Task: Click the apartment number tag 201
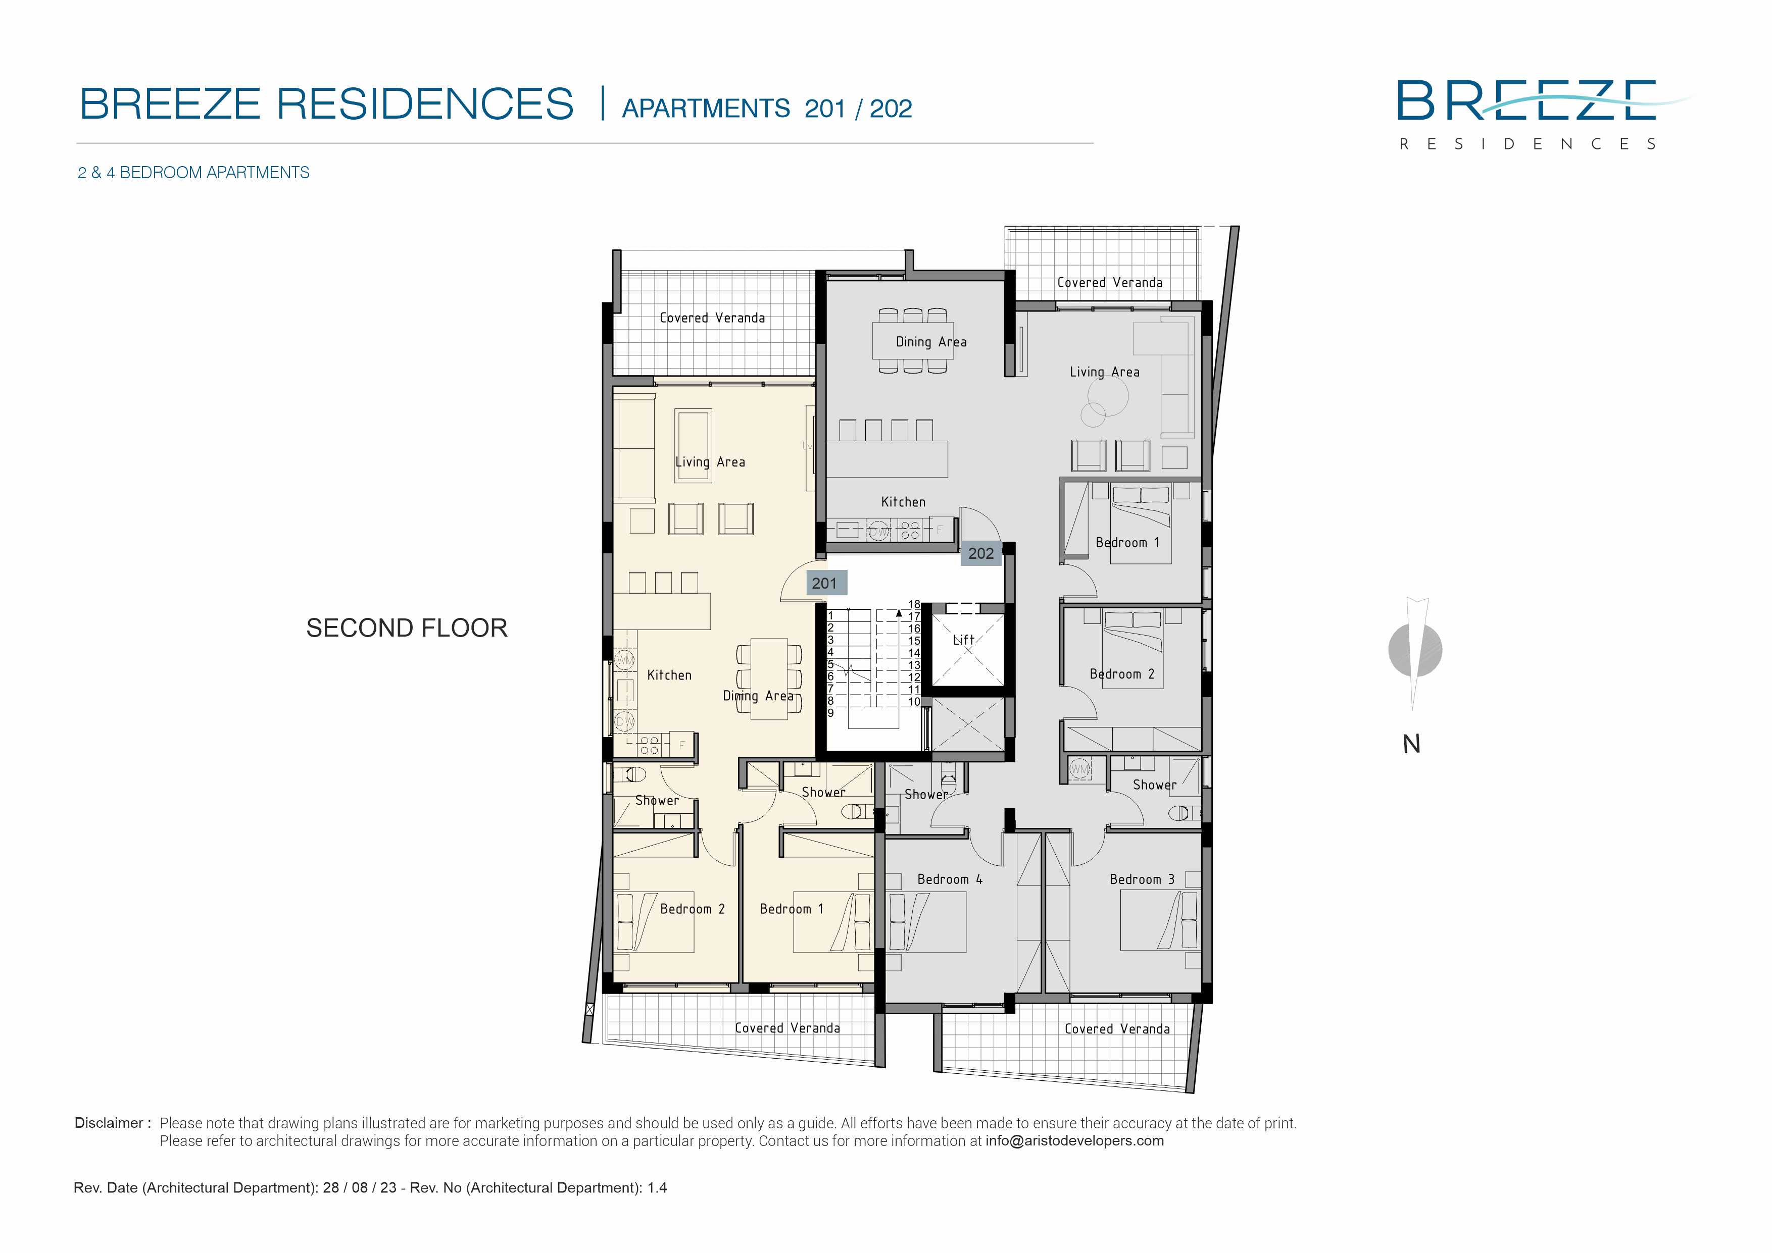click(825, 583)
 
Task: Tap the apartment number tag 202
click(981, 553)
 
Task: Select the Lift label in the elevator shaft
click(963, 640)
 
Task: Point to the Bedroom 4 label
click(949, 879)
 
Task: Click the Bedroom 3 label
click(1142, 879)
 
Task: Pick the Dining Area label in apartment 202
click(931, 342)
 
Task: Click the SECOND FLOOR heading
click(407, 628)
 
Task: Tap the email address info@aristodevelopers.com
click(1074, 1141)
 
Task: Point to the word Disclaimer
click(109, 1123)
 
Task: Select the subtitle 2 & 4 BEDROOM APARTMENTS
click(193, 172)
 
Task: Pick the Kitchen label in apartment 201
click(669, 675)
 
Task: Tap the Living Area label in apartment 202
click(1104, 372)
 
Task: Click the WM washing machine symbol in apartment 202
click(1079, 769)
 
